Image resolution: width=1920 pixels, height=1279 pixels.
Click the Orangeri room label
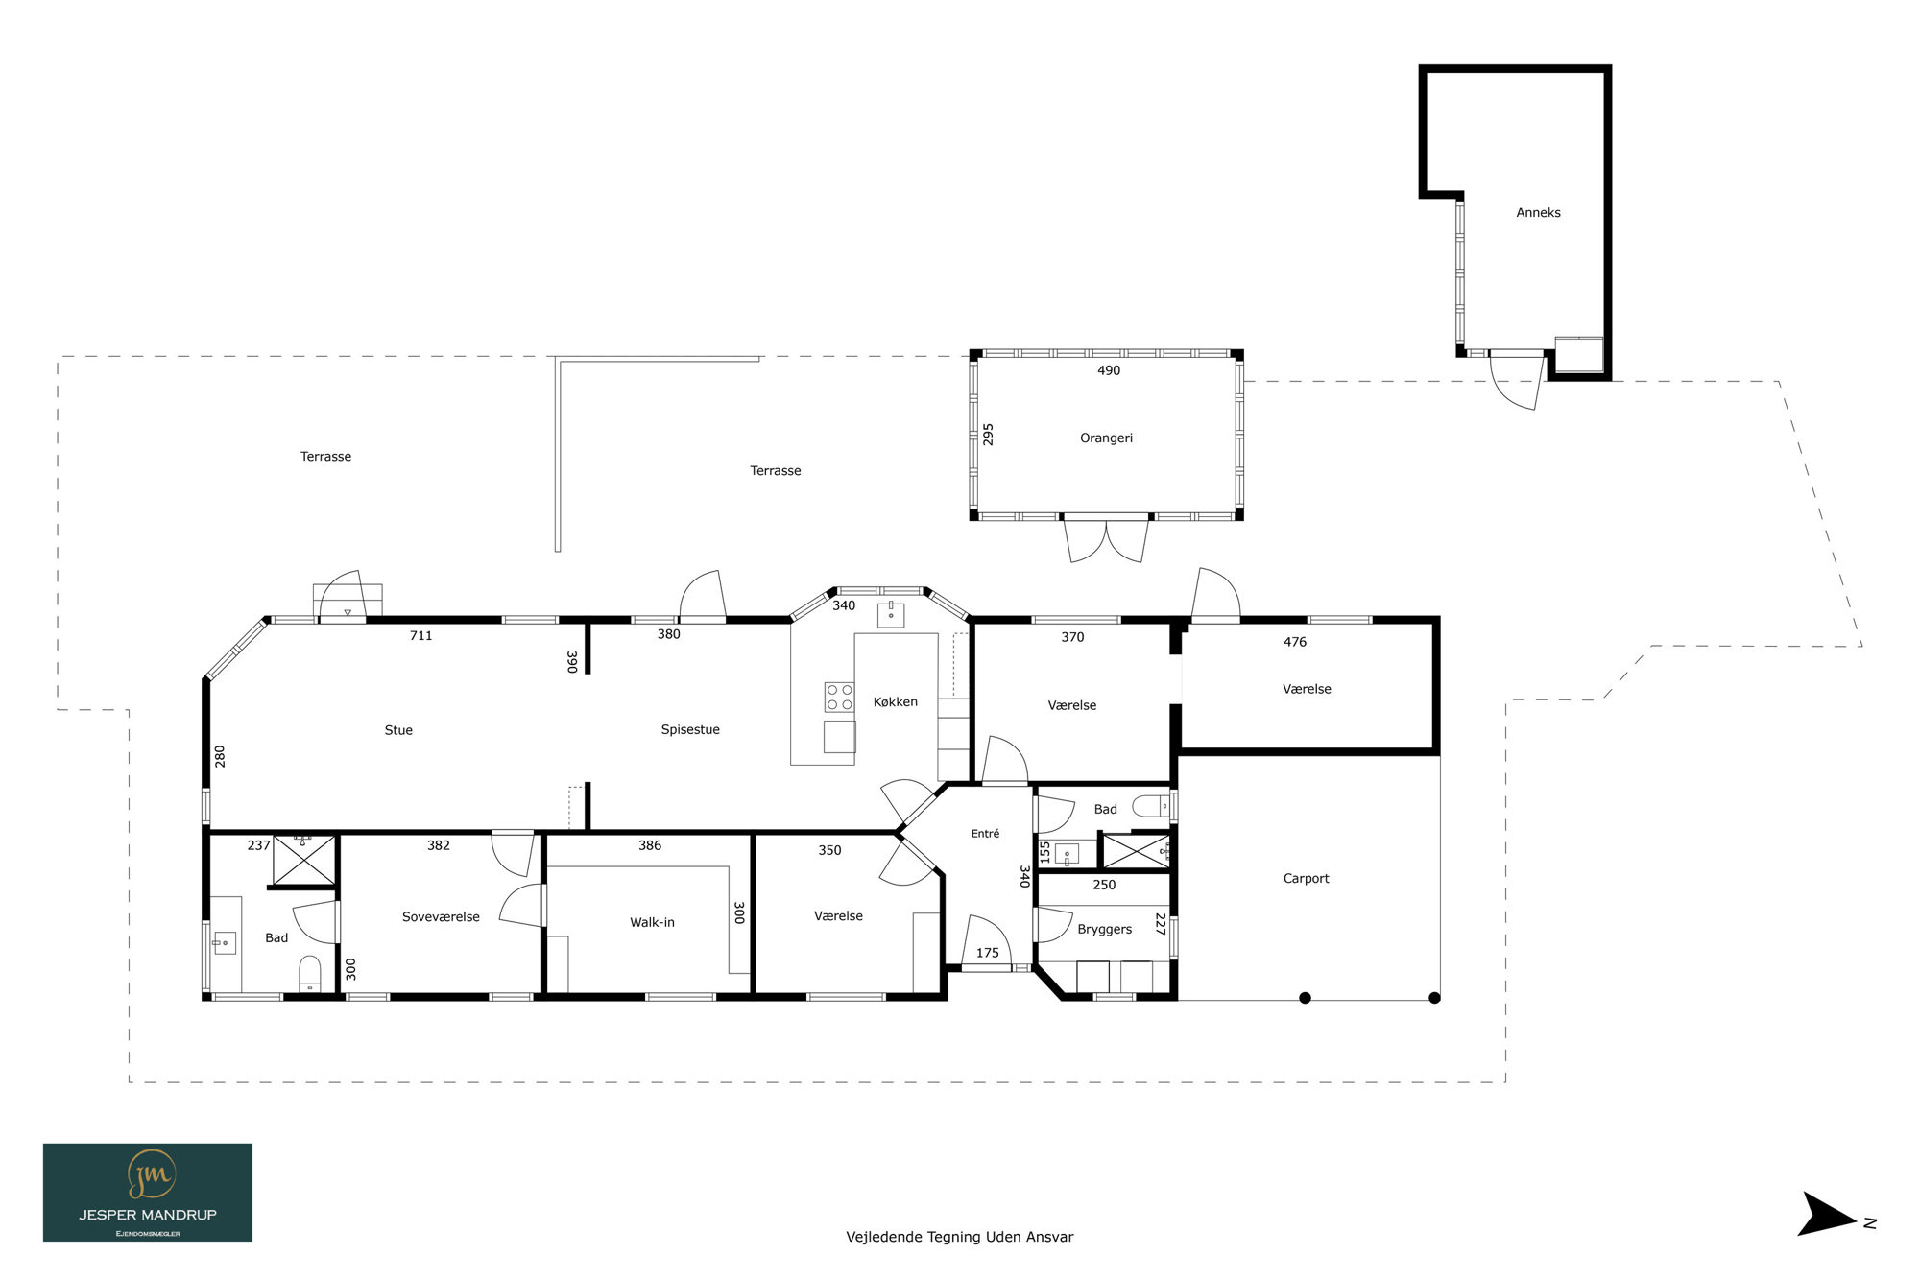tap(1106, 438)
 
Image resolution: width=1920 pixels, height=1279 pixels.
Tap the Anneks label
tap(1538, 213)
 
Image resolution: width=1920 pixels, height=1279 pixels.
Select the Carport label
tap(1306, 879)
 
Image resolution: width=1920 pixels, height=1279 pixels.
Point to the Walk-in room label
tap(652, 923)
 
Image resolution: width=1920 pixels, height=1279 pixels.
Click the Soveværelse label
tap(441, 917)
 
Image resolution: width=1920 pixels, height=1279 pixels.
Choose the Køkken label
tap(895, 702)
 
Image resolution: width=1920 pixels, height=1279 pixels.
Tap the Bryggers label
tap(1104, 930)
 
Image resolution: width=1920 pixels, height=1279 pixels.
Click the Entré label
tap(985, 834)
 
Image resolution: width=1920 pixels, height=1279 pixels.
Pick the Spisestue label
tap(690, 730)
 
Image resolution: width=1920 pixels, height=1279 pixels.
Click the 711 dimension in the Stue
tap(420, 636)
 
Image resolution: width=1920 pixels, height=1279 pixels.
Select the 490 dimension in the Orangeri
tap(1109, 370)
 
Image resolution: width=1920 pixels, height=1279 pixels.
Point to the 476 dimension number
tap(1295, 642)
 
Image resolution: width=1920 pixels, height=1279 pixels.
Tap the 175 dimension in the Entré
tap(987, 953)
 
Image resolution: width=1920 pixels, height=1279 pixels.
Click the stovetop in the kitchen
tap(839, 698)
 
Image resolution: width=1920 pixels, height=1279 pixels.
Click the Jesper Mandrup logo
tap(148, 1193)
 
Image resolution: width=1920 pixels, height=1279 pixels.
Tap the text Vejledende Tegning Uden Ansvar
tap(960, 1238)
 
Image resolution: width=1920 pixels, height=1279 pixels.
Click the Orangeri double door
tap(1106, 539)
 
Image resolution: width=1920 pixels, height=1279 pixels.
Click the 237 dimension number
tap(258, 845)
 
